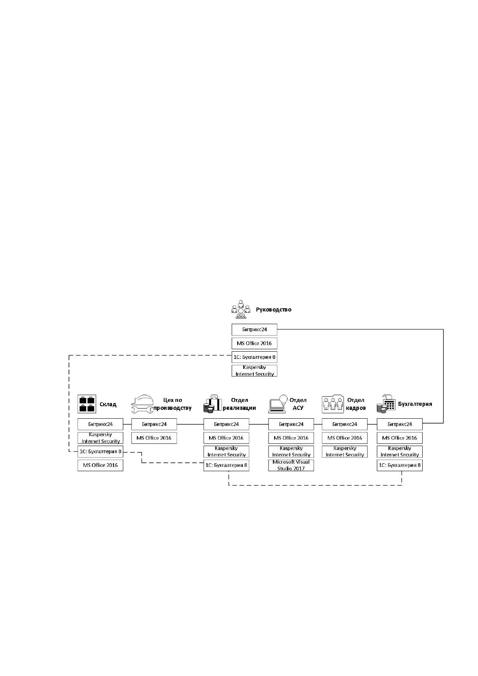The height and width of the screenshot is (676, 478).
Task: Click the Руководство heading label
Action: point(273,309)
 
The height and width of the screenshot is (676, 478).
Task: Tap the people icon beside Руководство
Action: point(241,309)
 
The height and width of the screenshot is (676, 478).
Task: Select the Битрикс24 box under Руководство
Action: point(254,330)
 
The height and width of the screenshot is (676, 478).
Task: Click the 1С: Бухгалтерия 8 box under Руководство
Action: point(254,357)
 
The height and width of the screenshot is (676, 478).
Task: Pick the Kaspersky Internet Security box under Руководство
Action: point(254,371)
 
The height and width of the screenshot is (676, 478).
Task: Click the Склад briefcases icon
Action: point(87,404)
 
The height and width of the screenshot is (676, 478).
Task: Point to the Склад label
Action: point(108,404)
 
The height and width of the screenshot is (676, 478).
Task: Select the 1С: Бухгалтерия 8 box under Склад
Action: point(100,452)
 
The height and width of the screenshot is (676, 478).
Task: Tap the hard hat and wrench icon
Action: point(142,404)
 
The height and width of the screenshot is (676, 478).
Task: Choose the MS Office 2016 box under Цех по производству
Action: point(154,438)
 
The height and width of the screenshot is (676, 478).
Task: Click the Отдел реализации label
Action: point(239,404)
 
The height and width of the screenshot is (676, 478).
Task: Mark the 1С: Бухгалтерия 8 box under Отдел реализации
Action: point(226,465)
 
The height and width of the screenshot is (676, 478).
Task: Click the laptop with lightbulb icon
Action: point(278,404)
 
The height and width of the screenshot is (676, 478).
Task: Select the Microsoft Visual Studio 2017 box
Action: point(291,465)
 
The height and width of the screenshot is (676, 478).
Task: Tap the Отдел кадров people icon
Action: point(333,404)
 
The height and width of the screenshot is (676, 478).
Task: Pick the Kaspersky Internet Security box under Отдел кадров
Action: point(345,452)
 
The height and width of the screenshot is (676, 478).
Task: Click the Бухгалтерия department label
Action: point(415,404)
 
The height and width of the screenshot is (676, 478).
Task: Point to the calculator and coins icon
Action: point(386,404)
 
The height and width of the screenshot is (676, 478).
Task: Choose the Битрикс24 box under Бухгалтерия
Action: point(400,424)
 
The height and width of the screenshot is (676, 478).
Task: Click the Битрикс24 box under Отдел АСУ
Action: point(291,424)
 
